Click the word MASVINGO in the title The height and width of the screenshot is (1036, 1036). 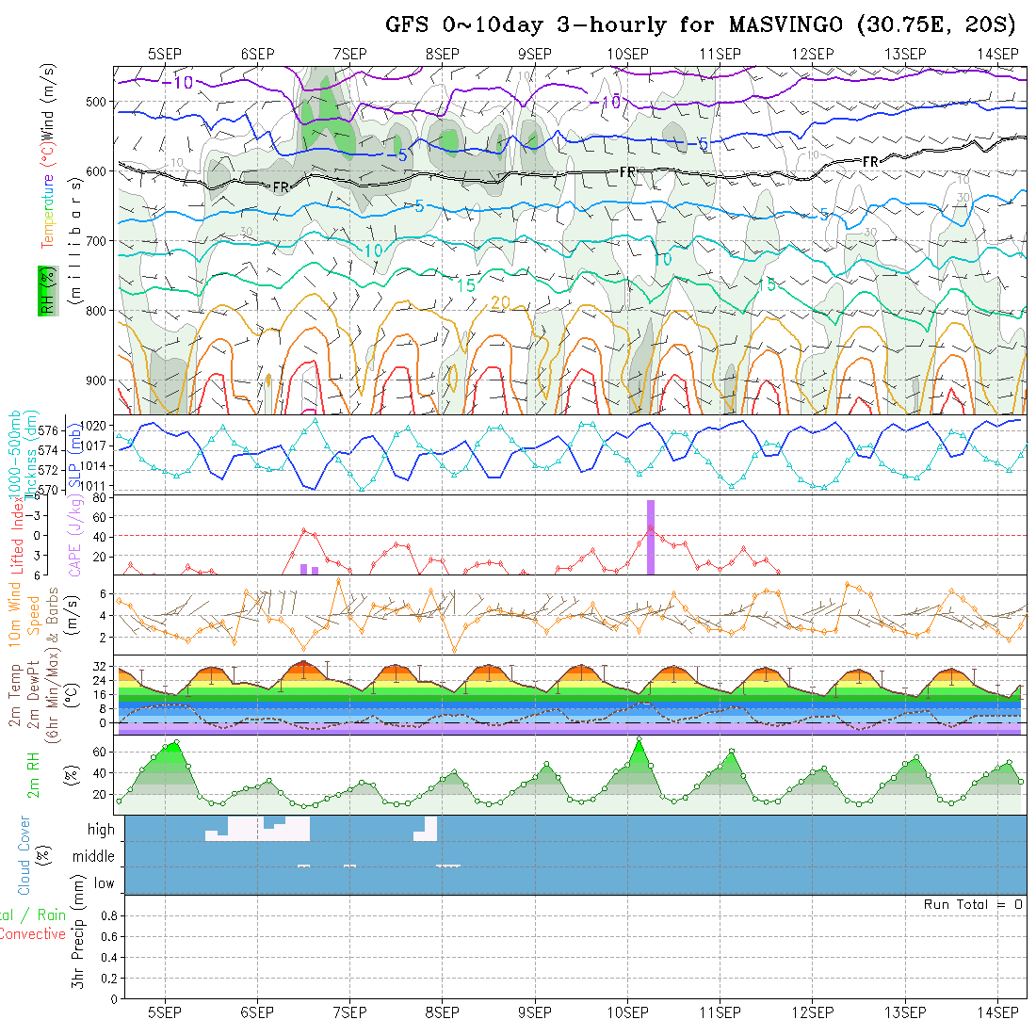tap(784, 25)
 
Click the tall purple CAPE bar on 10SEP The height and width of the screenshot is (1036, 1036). tap(651, 537)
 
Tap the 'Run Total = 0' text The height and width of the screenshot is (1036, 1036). tap(973, 904)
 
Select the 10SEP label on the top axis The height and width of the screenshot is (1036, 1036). tap(627, 54)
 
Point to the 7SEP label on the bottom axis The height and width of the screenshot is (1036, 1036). tap(349, 1012)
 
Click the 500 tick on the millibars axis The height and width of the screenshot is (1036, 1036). tap(100, 102)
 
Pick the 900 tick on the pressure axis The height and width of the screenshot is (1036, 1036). tap(100, 380)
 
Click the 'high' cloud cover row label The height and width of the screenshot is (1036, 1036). tap(101, 830)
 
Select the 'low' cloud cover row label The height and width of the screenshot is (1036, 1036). tap(104, 883)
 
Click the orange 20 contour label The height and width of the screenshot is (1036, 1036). tap(500, 302)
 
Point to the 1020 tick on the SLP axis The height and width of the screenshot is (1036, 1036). tap(96, 426)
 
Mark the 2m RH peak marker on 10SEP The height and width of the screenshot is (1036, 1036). tap(639, 739)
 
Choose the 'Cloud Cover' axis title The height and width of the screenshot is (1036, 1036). tap(24, 855)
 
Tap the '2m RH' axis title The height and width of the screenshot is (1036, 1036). tap(34, 775)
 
